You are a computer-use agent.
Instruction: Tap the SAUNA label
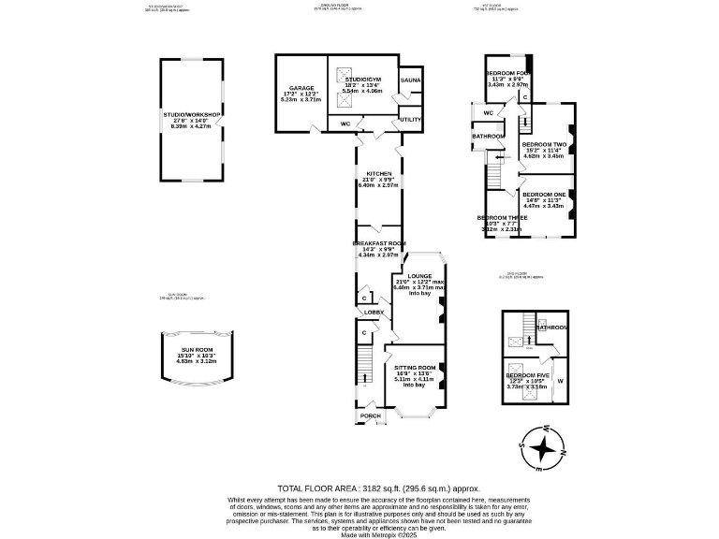click(410, 80)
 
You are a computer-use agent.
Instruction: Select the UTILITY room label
click(410, 120)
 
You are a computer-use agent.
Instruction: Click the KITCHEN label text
click(378, 174)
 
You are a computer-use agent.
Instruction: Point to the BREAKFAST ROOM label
click(378, 243)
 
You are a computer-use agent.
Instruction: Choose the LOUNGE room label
click(418, 276)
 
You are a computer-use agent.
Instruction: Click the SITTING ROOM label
click(415, 367)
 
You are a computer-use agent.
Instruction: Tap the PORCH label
click(371, 415)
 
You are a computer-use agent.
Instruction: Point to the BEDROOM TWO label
click(544, 144)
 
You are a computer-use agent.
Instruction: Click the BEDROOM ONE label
click(544, 195)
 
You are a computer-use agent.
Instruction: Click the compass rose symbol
click(541, 449)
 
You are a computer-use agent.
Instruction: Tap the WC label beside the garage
click(345, 123)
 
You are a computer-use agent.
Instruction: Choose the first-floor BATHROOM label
click(488, 137)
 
